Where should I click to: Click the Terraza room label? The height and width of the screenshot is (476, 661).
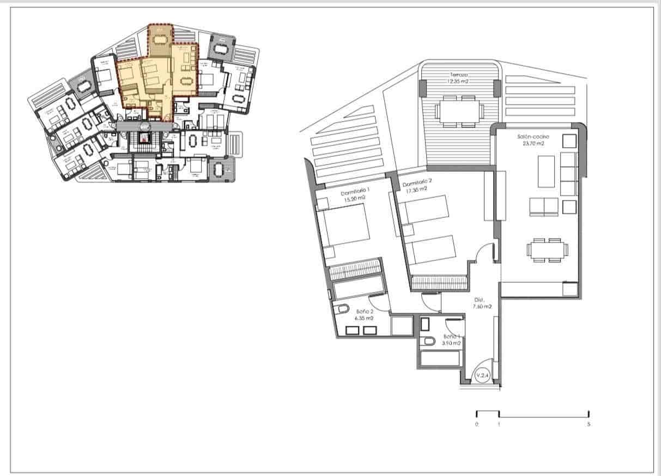click(x=459, y=74)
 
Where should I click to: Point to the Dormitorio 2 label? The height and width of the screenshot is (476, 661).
click(x=417, y=183)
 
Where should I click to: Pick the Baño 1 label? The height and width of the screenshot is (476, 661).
click(x=452, y=336)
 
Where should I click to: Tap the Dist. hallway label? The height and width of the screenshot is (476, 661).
click(x=479, y=300)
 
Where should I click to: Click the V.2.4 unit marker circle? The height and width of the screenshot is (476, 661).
click(x=482, y=375)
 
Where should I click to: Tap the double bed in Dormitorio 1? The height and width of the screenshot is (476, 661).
click(x=343, y=229)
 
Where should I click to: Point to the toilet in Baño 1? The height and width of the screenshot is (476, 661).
click(x=428, y=341)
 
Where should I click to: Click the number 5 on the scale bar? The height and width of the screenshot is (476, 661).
click(x=589, y=424)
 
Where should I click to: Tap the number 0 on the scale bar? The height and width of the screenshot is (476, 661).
click(x=477, y=424)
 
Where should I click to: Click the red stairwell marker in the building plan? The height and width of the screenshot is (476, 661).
click(x=144, y=138)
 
